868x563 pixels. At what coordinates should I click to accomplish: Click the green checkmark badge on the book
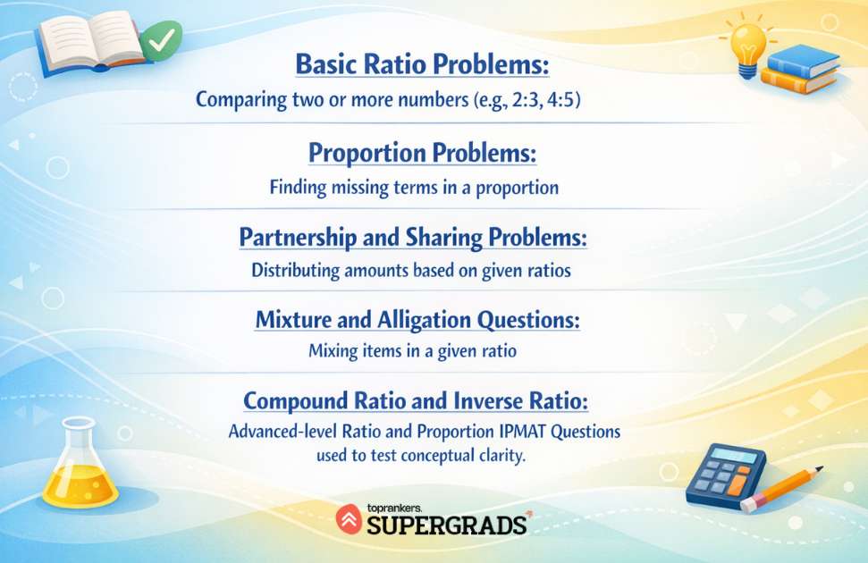coord(161,41)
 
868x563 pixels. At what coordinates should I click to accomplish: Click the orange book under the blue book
coord(798,80)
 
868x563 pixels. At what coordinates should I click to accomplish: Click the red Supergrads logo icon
coord(349,518)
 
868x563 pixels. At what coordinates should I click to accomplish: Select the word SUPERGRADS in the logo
coord(446,525)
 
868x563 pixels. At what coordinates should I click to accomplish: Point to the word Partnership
coord(298,238)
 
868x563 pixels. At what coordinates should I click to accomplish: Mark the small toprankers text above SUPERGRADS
coord(394,508)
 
